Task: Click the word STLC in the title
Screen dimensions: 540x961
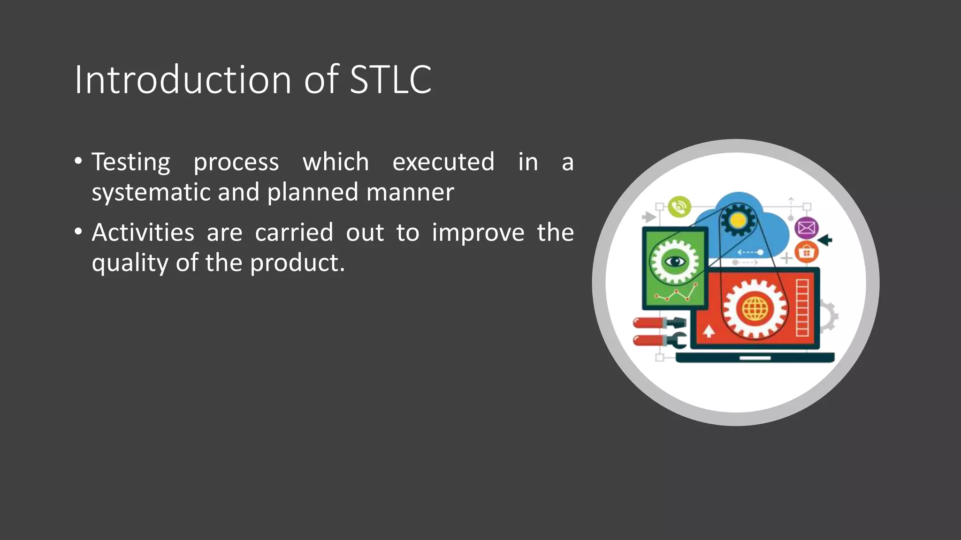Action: pos(390,80)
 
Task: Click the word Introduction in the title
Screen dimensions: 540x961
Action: pos(183,80)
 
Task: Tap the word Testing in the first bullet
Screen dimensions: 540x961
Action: pos(131,163)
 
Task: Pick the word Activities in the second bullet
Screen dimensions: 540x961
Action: pos(143,232)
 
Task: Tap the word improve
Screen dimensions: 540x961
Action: pos(478,233)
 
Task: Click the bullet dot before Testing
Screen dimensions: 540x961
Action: pos(78,162)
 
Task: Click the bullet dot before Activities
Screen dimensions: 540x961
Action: pos(78,232)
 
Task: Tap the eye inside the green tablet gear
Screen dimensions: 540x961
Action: pos(675,261)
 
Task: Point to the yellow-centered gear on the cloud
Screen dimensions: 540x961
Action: pos(738,220)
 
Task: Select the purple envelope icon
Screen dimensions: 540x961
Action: pos(806,228)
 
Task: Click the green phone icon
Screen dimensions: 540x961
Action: pos(679,207)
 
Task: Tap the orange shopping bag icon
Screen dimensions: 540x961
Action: pos(806,253)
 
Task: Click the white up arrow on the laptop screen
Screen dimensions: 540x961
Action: pos(709,331)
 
